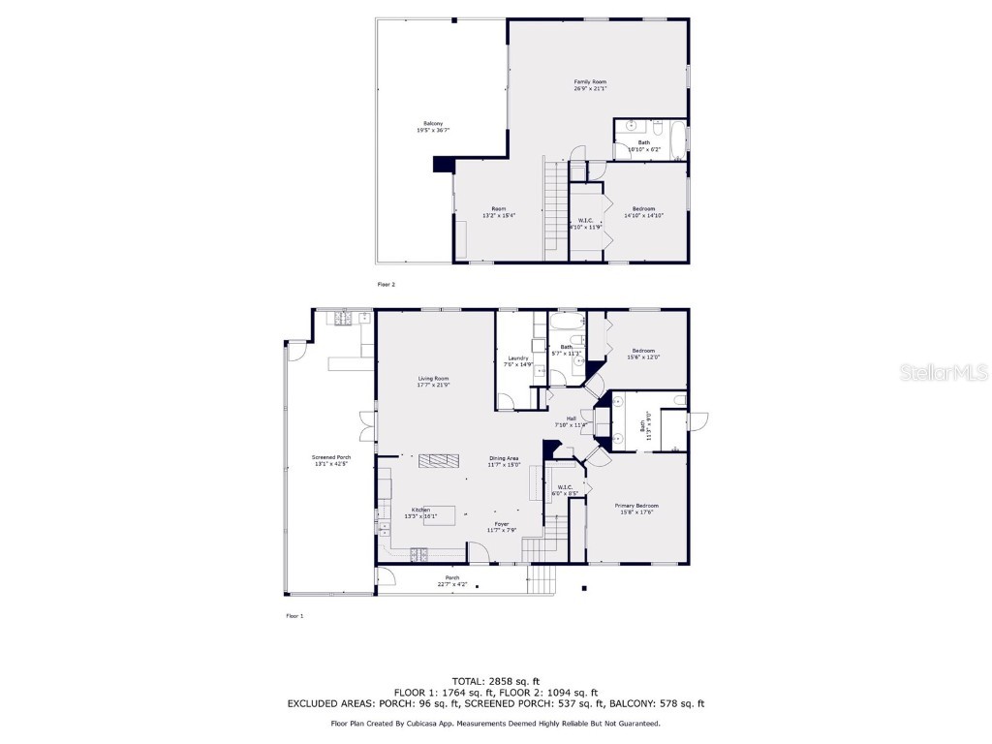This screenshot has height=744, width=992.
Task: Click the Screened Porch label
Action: click(x=330, y=460)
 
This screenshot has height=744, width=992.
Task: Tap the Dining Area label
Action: click(x=504, y=461)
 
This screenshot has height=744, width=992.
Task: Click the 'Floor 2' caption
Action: click(x=386, y=285)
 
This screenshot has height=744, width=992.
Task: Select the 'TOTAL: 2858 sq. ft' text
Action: click(x=496, y=681)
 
